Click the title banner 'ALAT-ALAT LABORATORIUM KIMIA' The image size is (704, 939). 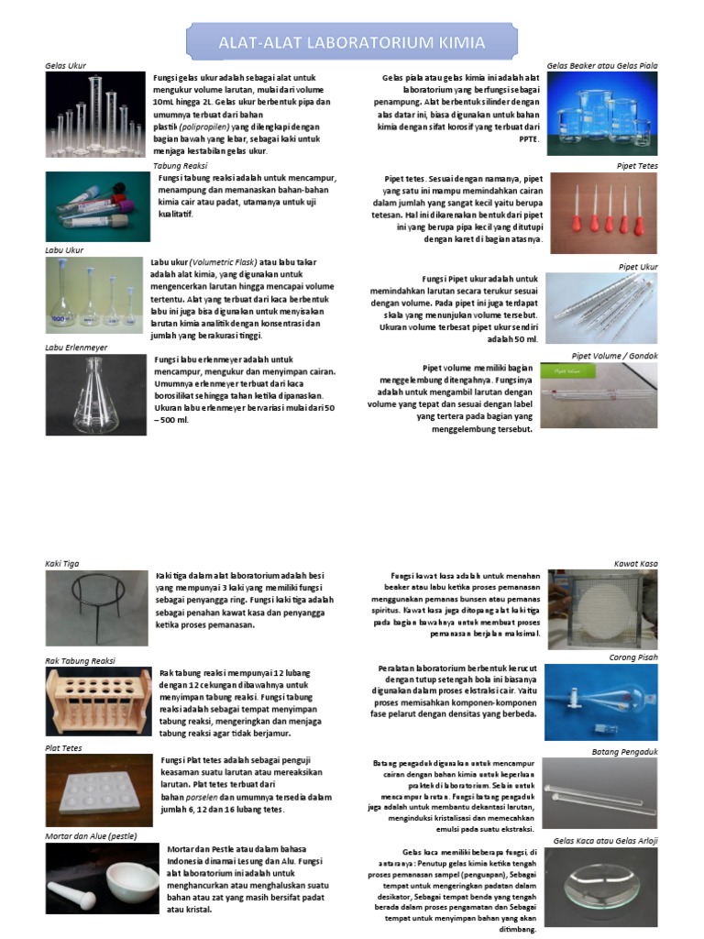(x=351, y=42)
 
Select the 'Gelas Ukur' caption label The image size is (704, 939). (x=65, y=66)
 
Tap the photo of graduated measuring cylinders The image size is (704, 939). (x=95, y=114)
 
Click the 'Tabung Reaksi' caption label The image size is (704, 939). (x=180, y=166)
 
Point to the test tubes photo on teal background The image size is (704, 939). (x=97, y=207)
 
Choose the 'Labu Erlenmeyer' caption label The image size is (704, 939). (x=76, y=348)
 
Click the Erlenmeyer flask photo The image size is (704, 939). (x=95, y=394)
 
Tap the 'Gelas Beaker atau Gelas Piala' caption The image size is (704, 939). (x=602, y=66)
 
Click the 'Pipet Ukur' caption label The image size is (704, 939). (x=638, y=267)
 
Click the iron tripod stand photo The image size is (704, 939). (x=96, y=608)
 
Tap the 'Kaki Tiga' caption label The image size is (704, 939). (x=63, y=563)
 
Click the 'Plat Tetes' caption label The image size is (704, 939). (x=64, y=748)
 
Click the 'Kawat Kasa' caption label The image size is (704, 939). (x=635, y=563)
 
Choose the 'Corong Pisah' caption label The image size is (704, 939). (x=633, y=657)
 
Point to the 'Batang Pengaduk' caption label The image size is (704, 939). (x=625, y=752)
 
